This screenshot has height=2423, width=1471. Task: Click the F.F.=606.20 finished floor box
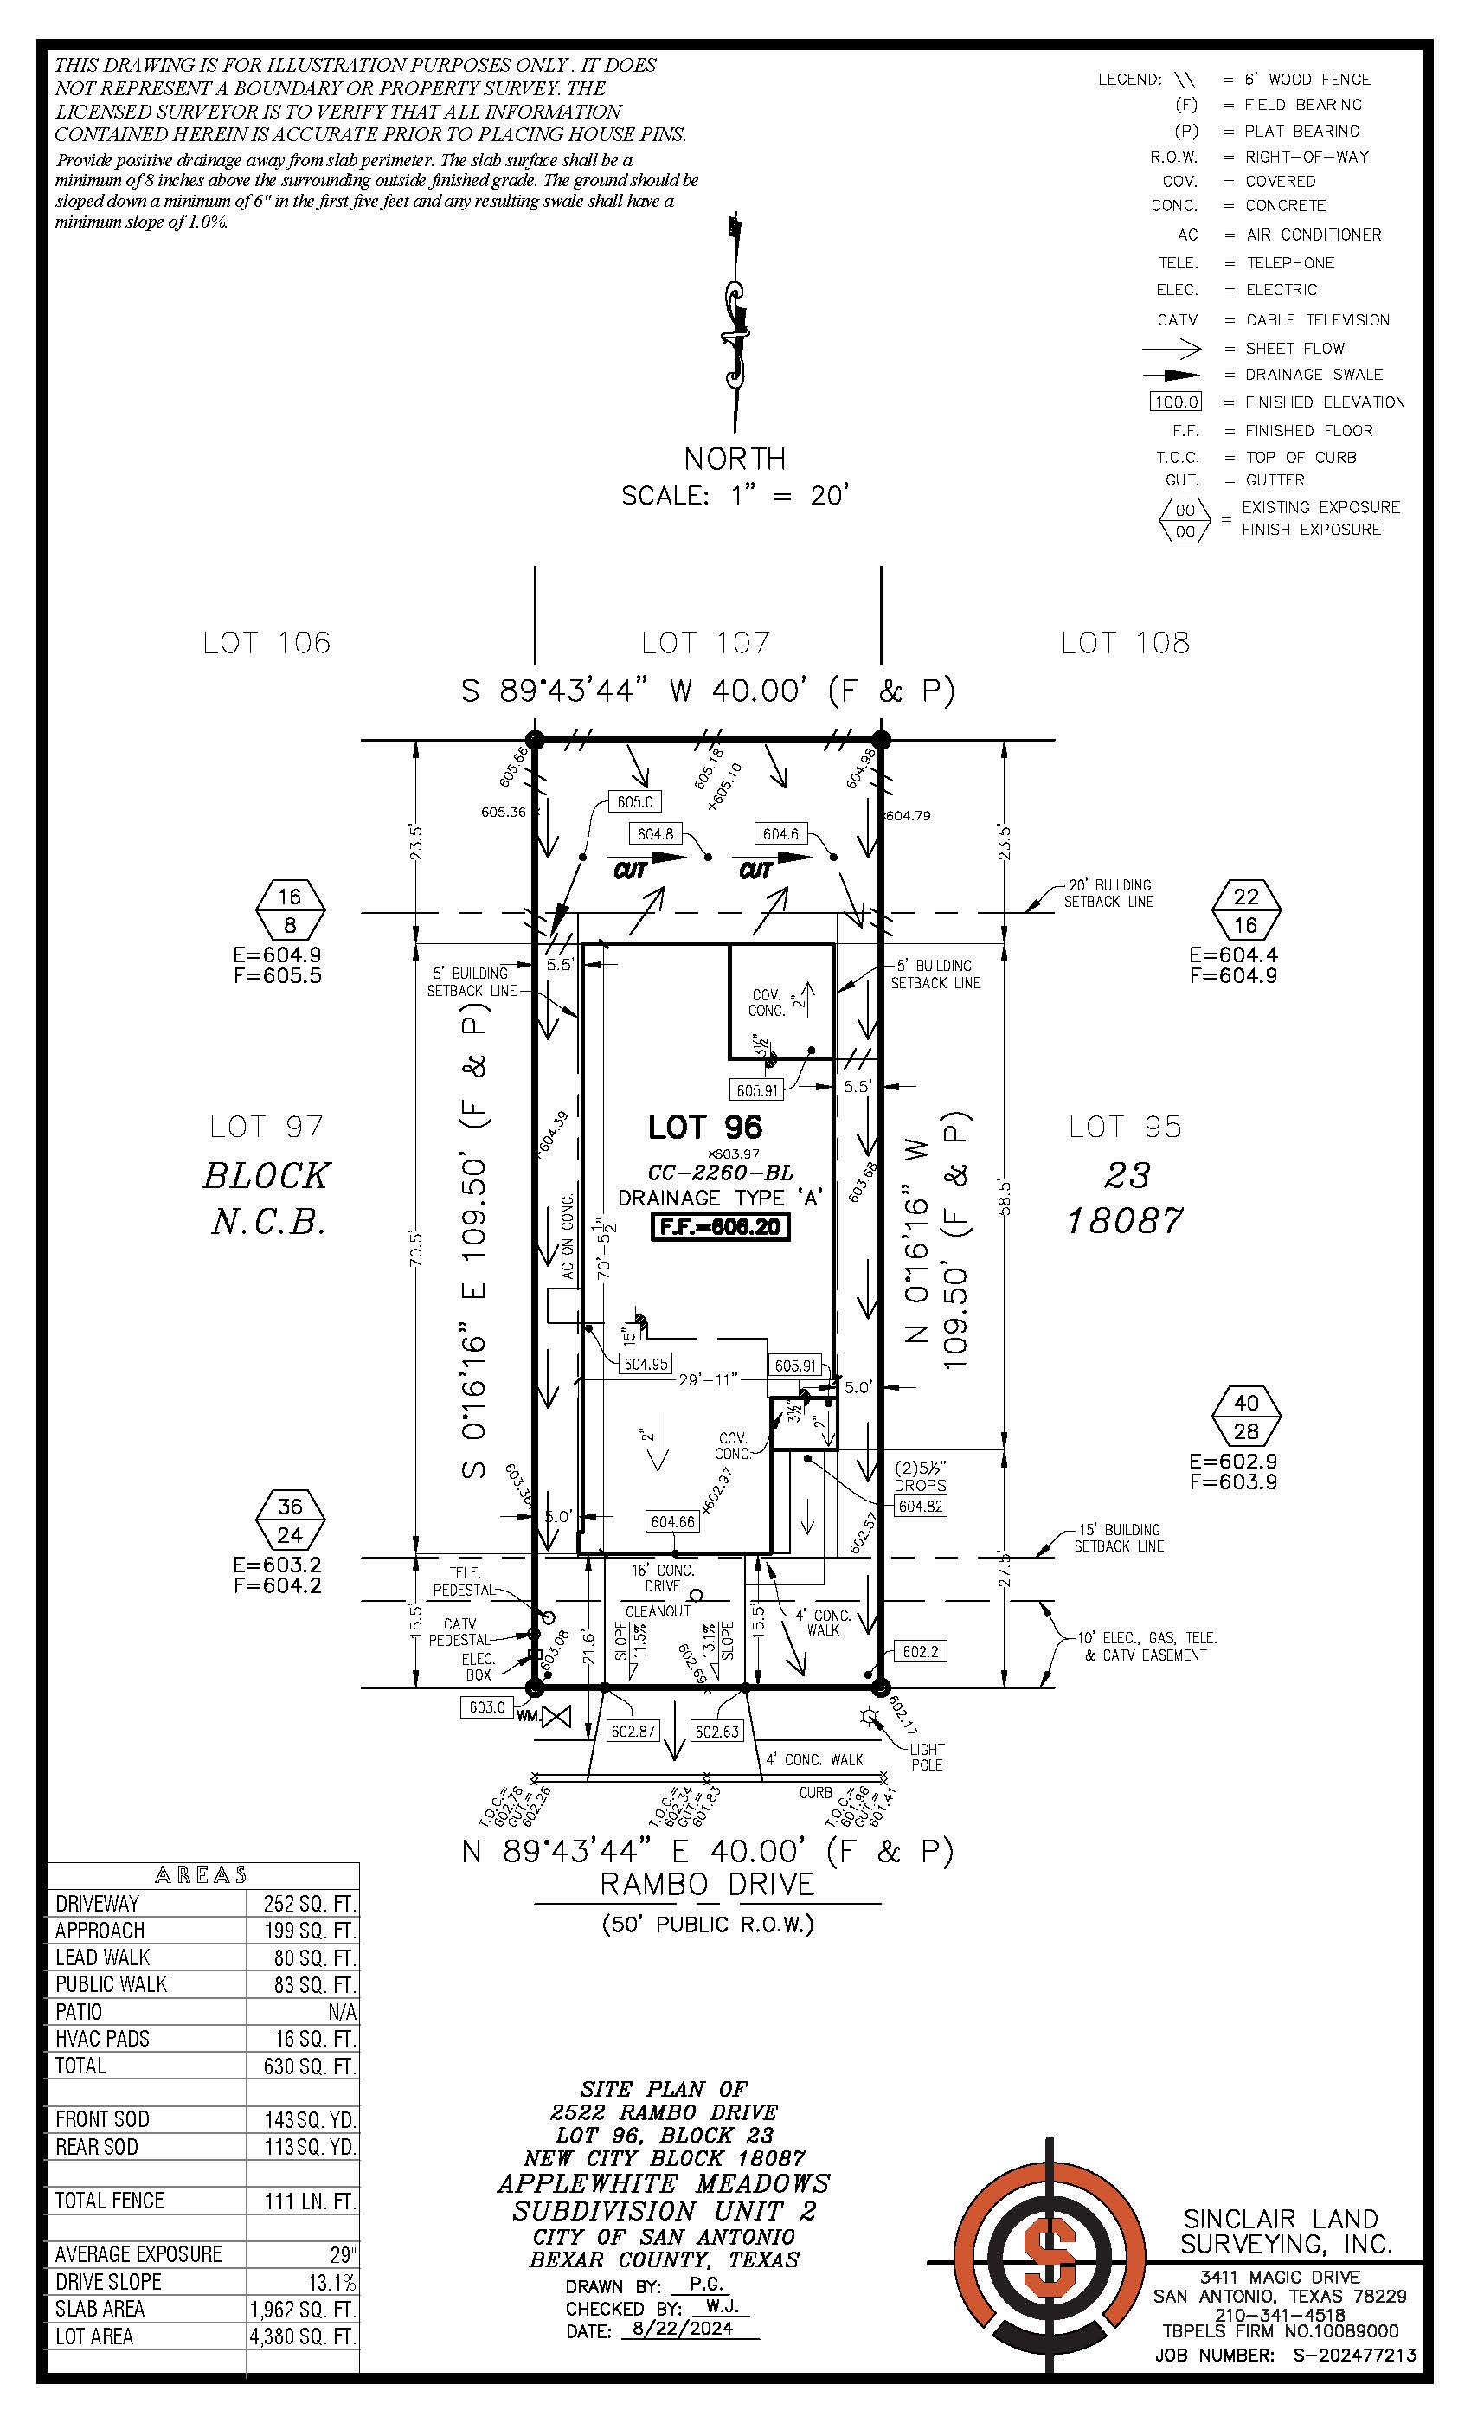(721, 1226)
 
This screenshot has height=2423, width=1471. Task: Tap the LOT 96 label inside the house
(705, 1127)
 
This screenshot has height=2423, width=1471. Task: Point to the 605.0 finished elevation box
(635, 801)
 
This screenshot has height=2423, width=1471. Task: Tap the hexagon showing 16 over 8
(289, 910)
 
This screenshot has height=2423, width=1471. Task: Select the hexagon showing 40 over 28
(1246, 1417)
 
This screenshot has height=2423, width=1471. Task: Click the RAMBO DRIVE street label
(707, 1885)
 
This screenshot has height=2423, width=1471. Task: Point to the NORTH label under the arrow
(735, 459)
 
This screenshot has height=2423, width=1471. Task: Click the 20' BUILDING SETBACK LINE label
(1109, 893)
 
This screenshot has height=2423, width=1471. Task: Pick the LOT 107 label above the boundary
(705, 643)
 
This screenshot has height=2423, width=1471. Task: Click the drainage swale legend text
(1314, 375)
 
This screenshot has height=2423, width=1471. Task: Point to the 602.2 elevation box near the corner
(921, 1651)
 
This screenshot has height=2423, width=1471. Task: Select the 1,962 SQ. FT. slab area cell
(303, 2309)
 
